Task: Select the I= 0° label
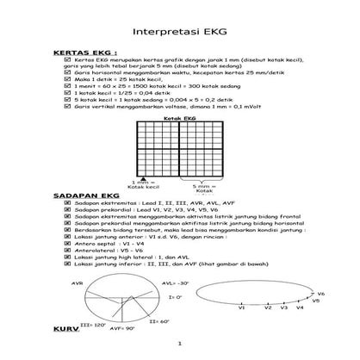coord(175,296)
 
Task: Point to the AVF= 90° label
coord(123,329)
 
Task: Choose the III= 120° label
coord(92,326)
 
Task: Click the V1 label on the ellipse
coord(243,307)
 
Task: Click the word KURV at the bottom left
coord(65,330)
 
